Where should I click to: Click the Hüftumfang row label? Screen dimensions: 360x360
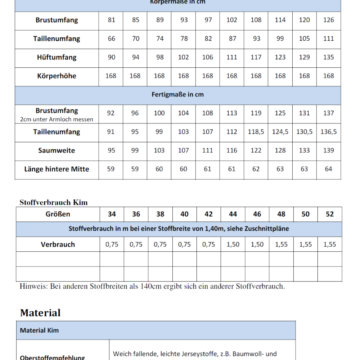(x=57, y=57)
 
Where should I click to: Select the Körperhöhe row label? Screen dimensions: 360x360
(x=57, y=76)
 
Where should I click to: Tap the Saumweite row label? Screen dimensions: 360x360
(x=57, y=150)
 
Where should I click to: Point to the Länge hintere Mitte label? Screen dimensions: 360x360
(x=57, y=169)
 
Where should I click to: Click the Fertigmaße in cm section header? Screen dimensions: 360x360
(x=178, y=95)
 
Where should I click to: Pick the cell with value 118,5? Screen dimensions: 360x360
(x=256, y=132)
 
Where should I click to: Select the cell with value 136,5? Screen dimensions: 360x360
(x=329, y=132)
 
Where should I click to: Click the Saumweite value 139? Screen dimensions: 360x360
(x=329, y=150)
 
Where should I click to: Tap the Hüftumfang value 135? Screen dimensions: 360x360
(x=329, y=57)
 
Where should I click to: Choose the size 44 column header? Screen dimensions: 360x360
(x=233, y=214)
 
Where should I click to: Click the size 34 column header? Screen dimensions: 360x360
(x=112, y=214)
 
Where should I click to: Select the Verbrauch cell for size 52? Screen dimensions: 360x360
(x=330, y=244)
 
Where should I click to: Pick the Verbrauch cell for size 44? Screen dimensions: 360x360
(x=233, y=244)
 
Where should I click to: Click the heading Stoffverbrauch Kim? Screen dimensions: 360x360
(x=54, y=202)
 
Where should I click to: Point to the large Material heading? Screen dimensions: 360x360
(x=40, y=312)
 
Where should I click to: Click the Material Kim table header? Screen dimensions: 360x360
(x=39, y=330)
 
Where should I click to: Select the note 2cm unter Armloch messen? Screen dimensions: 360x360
(x=57, y=120)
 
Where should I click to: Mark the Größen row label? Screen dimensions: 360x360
(x=58, y=214)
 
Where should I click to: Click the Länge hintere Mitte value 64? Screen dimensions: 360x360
(x=329, y=169)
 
